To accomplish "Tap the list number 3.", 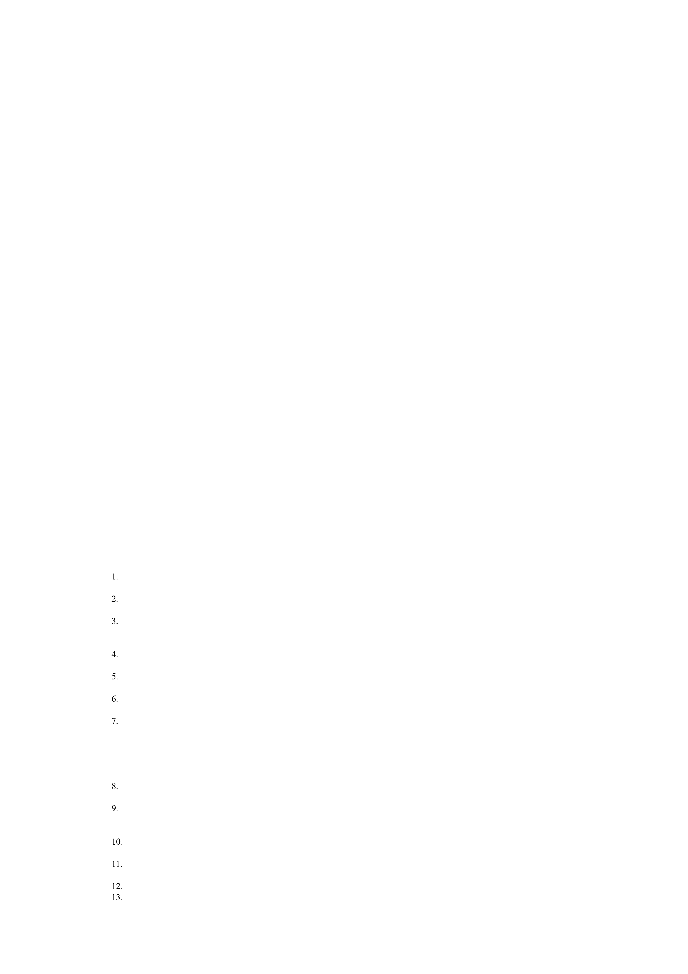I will click(115, 621).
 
